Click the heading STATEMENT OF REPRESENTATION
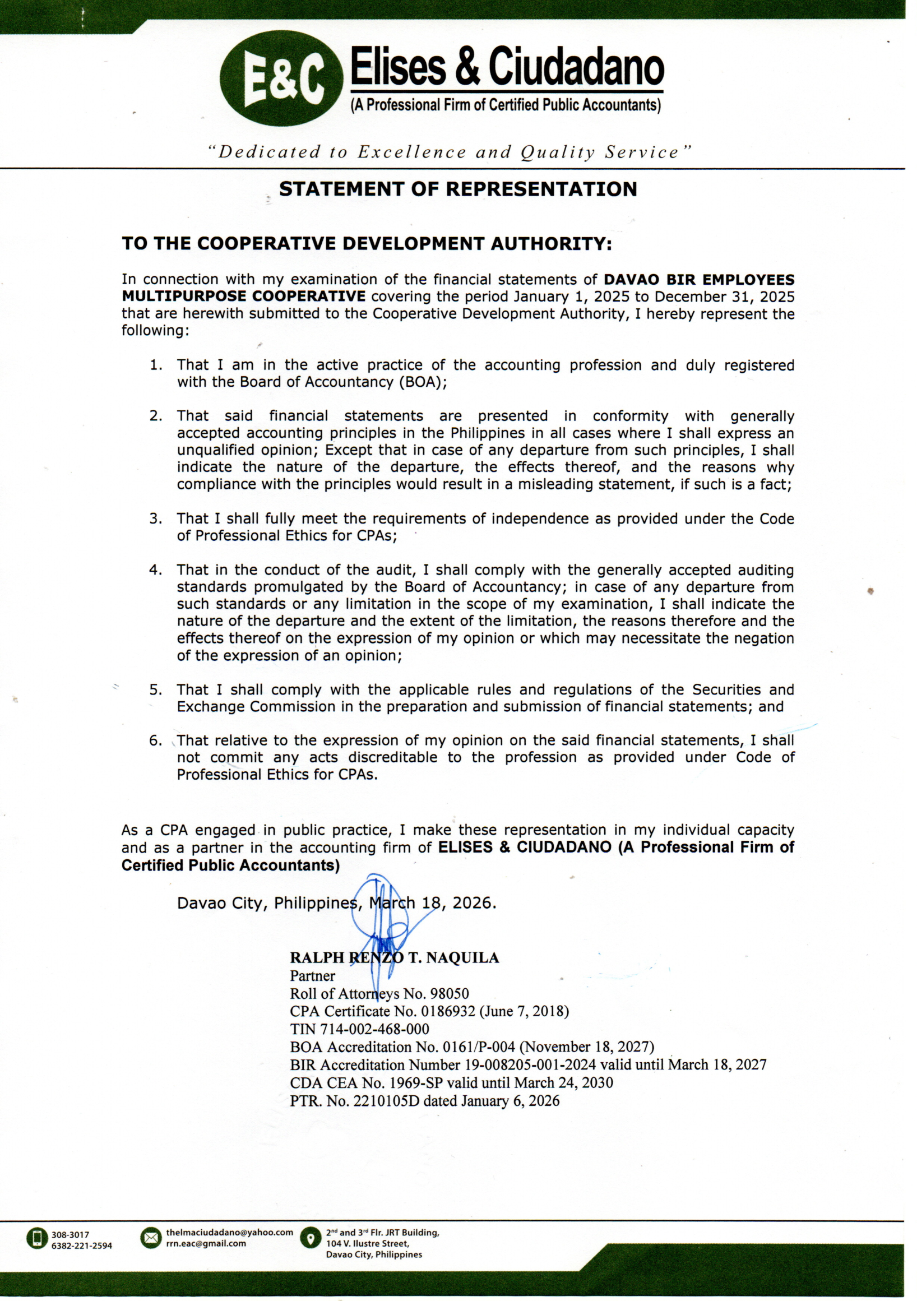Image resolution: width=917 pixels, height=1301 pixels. click(x=458, y=189)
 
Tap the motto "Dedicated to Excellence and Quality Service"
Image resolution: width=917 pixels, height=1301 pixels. click(x=450, y=152)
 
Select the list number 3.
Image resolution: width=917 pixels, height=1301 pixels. click(x=155, y=518)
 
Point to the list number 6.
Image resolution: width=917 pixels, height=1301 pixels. click(x=155, y=740)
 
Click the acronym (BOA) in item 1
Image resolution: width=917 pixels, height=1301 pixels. click(x=422, y=382)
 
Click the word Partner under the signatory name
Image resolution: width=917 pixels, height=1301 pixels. click(x=312, y=976)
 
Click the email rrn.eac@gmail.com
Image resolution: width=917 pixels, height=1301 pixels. click(x=206, y=1244)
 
